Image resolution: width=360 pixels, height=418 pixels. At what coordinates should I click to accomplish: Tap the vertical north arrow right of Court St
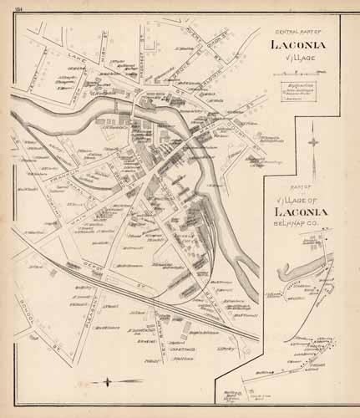[311, 138]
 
